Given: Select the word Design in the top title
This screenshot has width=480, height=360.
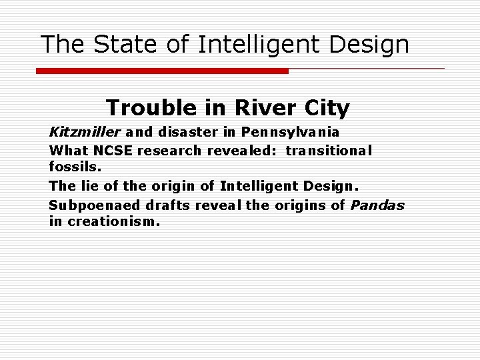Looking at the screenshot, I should pyautogui.click(x=369, y=45).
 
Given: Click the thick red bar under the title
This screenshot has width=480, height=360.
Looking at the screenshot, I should pyautogui.click(x=162, y=71).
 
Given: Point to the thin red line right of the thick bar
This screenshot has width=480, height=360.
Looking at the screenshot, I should pyautogui.click(x=367, y=68).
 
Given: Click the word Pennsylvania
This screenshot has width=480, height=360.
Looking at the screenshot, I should pyautogui.click(x=291, y=132).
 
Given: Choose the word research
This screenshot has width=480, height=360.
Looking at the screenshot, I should pyautogui.click(x=169, y=151).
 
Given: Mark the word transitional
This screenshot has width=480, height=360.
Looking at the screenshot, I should pyautogui.click(x=329, y=151).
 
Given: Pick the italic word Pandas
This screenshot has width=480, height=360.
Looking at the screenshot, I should pyautogui.click(x=377, y=205).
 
